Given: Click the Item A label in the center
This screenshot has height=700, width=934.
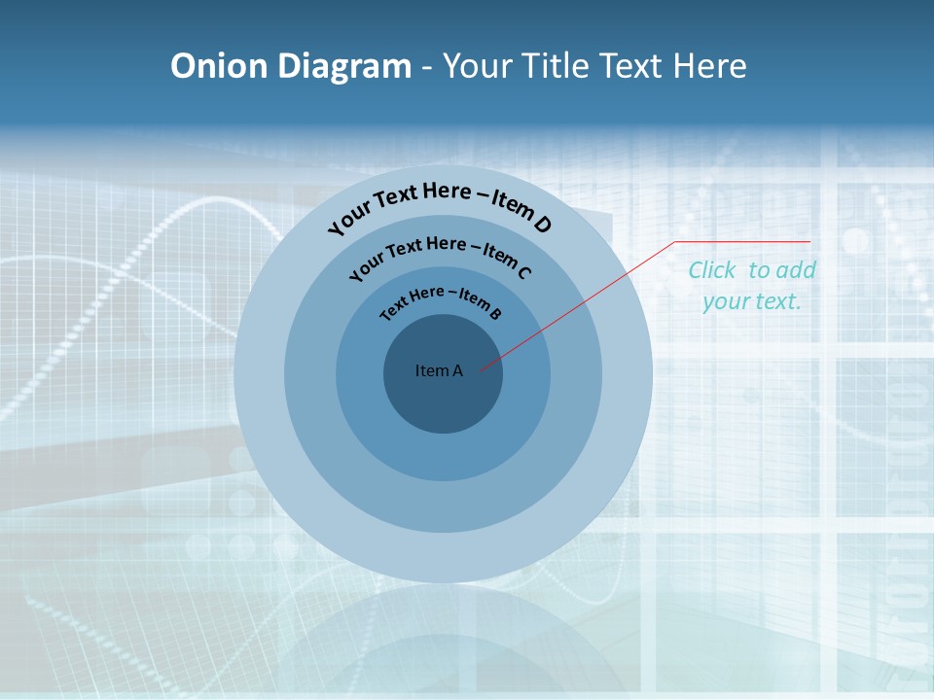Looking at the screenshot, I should [x=439, y=370].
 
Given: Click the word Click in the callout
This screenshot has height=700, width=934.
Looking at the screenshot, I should [x=714, y=270].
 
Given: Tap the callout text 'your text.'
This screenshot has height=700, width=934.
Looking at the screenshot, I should [x=751, y=301].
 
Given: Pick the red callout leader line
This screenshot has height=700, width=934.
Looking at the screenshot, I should [x=584, y=301].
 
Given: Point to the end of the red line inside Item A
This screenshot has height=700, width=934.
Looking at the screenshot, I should [x=481, y=368].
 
